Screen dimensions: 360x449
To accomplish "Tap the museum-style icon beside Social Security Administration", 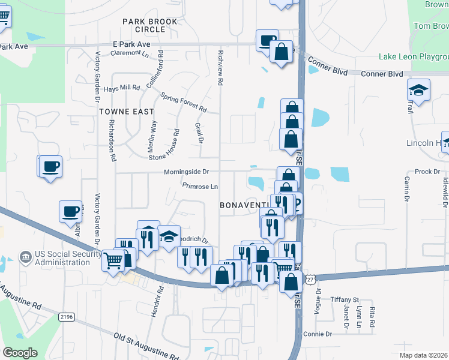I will coord(26,258).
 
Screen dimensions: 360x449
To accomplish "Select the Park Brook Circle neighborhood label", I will coord(150,25).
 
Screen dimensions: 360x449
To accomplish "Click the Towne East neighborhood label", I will coord(127,112).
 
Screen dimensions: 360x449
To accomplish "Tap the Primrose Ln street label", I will coord(200,186).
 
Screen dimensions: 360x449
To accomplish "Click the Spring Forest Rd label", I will coord(184,103).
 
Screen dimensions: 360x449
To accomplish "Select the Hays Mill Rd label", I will coord(122,88).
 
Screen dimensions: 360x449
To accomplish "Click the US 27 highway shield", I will coord(310,280).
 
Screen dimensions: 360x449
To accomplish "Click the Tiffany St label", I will coord(345,299).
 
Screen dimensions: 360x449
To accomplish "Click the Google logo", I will coord(20,353).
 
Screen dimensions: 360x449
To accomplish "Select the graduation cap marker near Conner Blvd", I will coord(418,90).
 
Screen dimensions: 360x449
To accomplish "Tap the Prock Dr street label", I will coord(427,172).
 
